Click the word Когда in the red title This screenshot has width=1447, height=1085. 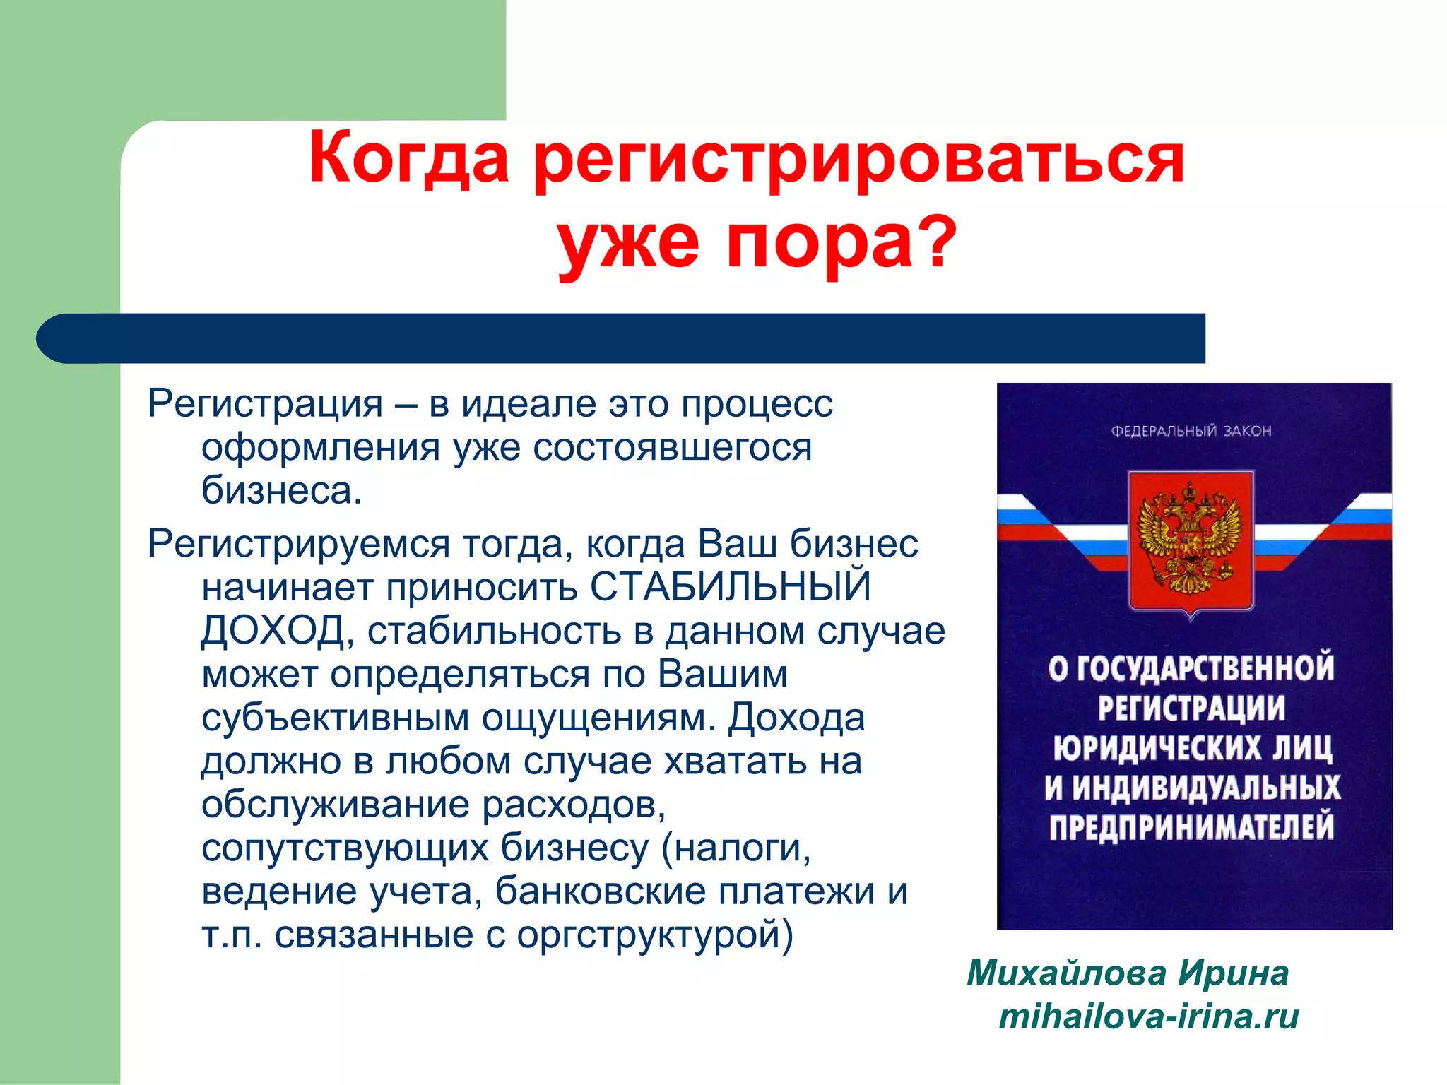click(408, 159)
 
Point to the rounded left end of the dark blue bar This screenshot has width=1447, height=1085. click(60, 338)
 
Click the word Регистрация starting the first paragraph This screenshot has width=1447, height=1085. click(265, 404)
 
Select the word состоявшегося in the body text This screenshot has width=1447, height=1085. click(672, 447)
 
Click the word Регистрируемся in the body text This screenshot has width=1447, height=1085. click(298, 544)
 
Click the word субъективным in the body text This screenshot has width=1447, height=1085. click(335, 717)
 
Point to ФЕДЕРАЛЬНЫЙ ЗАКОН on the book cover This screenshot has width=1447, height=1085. click(1191, 430)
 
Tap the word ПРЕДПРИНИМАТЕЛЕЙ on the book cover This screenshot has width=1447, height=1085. click(1191, 827)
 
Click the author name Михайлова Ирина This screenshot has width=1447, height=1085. click(1128, 973)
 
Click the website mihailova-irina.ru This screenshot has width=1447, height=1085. click(1149, 1017)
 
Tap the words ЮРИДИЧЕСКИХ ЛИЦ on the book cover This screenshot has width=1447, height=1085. click(1192, 748)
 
